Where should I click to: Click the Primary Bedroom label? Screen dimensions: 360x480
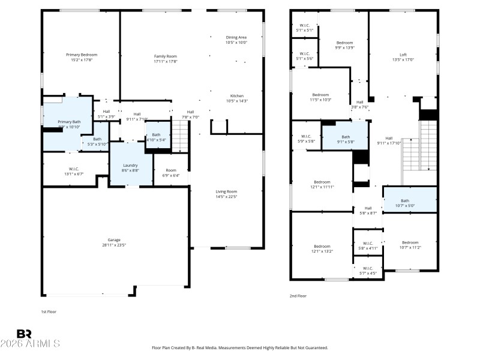[82, 55]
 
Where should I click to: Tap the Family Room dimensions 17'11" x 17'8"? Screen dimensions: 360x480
[166, 61]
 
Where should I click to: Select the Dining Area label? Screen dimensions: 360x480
[236, 37]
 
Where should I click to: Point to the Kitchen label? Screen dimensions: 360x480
[237, 96]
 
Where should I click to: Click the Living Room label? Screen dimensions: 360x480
[226, 191]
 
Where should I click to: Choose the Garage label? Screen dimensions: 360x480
[114, 239]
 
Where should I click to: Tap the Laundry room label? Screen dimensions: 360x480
[130, 166]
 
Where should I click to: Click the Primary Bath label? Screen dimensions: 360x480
[69, 122]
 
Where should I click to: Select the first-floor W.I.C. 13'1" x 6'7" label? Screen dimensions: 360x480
[74, 169]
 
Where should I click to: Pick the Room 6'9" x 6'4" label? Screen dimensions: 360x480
[171, 170]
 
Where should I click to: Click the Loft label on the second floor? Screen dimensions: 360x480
[403, 55]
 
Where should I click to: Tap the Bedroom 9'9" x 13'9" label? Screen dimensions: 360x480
[344, 43]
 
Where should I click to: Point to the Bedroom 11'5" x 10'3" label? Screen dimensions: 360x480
[320, 94]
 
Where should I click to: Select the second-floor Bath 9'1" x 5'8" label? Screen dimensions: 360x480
[346, 137]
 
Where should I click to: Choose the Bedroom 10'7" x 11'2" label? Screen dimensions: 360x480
[410, 242]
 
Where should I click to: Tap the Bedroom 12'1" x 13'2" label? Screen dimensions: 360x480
[322, 246]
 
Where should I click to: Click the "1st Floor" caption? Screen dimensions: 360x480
[49, 312]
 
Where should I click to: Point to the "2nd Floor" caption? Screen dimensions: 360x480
[298, 296]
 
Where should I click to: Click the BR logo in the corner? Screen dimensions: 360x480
[24, 334]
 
